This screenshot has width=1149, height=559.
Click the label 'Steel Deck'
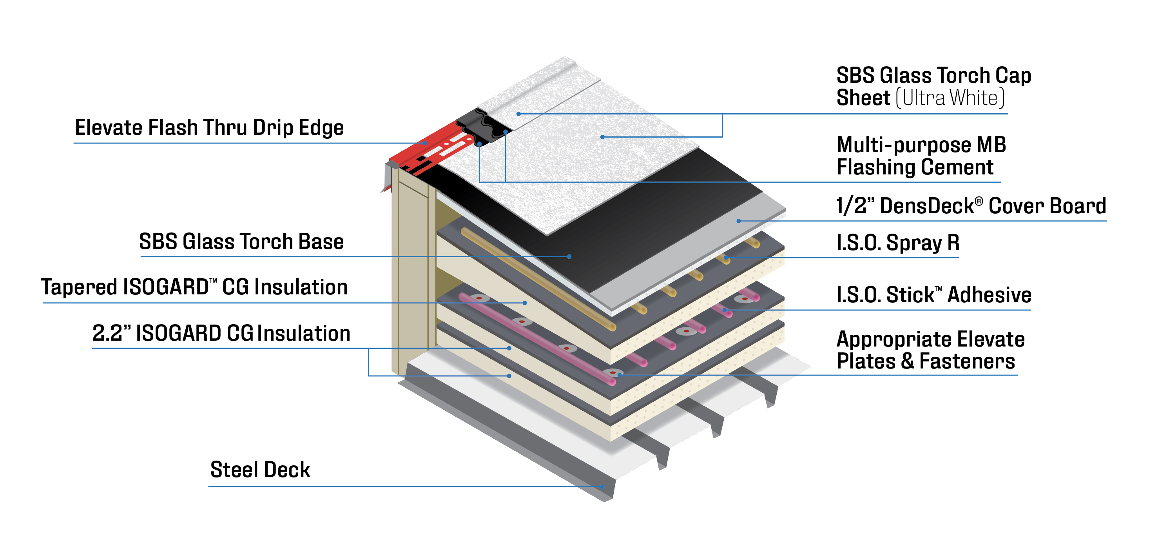(260, 470)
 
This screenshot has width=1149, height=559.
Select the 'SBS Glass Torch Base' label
(241, 242)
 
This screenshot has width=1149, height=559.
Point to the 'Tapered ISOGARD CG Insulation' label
(194, 287)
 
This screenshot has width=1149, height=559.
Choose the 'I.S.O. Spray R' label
(897, 243)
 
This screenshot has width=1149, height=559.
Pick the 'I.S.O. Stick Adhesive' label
(933, 295)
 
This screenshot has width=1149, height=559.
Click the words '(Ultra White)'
(950, 98)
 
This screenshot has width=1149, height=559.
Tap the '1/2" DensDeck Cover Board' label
(971, 206)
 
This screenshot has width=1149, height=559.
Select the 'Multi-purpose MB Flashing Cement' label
(921, 156)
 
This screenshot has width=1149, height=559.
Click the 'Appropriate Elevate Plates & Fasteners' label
(930, 350)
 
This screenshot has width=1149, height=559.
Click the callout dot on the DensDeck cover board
(739, 221)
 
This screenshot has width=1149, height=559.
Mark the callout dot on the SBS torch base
(569, 256)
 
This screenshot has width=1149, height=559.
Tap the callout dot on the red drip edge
(425, 143)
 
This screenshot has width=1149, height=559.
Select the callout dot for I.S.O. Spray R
(726, 258)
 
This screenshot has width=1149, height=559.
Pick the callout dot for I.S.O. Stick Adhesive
(724, 310)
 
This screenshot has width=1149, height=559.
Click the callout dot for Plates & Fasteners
(619, 375)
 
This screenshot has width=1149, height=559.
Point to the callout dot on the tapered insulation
(525, 303)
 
